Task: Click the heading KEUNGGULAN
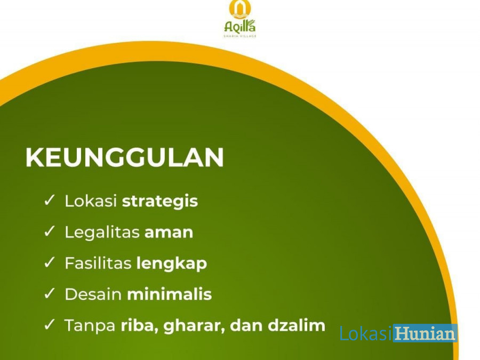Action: coord(125,157)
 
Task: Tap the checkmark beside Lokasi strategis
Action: coord(49,200)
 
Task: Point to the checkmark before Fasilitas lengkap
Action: coord(49,262)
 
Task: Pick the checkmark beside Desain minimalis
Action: coord(49,293)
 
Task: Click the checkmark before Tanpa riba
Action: coord(49,324)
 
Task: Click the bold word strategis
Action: coord(160,202)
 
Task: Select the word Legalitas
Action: coord(102,233)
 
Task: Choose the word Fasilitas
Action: coord(98,263)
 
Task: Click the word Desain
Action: coord(93,294)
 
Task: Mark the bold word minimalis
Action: coord(169,294)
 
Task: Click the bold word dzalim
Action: coord(297,325)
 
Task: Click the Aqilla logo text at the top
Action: coord(240,26)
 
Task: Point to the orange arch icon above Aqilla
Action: coord(240,9)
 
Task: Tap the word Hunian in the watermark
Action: coord(425,333)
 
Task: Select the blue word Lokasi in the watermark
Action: coord(366,333)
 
